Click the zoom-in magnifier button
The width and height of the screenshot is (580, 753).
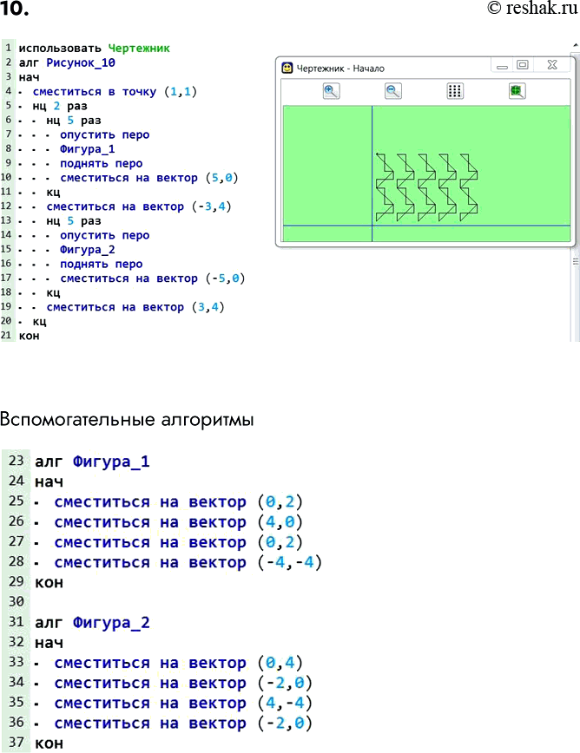click(331, 91)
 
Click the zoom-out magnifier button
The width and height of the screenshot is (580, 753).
click(393, 91)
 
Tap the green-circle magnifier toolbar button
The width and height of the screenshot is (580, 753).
click(517, 91)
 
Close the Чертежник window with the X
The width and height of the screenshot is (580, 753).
click(551, 65)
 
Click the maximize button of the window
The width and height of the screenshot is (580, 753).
click(523, 65)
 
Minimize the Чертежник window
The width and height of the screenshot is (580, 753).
click(502, 66)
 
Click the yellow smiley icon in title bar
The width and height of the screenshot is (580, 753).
click(287, 68)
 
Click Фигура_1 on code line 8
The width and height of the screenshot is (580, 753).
click(88, 149)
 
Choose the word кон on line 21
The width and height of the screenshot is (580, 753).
click(29, 336)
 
